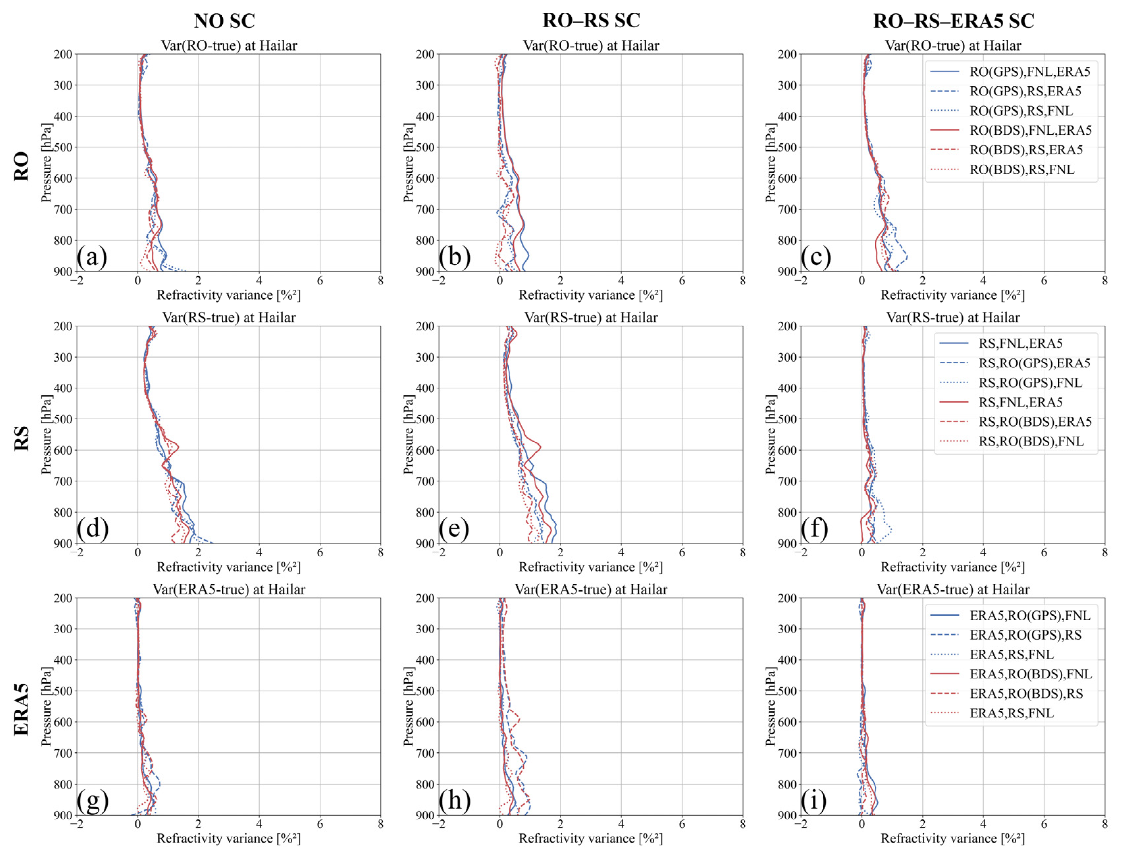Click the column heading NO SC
click(x=224, y=21)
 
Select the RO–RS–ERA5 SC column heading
click(x=953, y=21)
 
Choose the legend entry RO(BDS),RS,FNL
click(x=1021, y=170)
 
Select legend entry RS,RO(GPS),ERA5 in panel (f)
click(x=1034, y=363)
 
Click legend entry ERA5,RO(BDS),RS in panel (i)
click(x=1026, y=694)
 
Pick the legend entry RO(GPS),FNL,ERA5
click(x=1030, y=71)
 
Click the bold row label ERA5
click(x=21, y=710)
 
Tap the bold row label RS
click(x=21, y=438)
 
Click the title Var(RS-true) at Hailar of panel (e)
click(x=590, y=318)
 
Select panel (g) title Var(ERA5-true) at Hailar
click(x=229, y=589)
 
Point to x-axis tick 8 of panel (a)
click(x=380, y=281)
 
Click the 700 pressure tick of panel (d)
click(x=63, y=481)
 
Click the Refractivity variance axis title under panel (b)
click(x=590, y=295)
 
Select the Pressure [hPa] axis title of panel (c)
click(x=771, y=162)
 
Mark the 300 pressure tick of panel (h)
click(x=425, y=629)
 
